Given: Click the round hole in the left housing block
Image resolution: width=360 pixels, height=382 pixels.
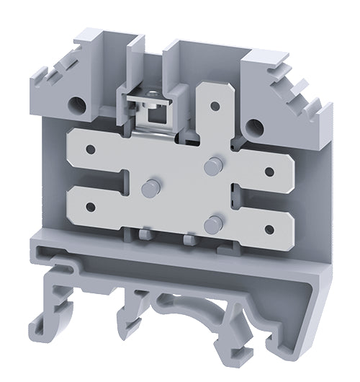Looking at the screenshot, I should coord(74,107).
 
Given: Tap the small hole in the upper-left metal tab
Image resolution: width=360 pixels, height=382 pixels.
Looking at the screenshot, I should coord(91,149).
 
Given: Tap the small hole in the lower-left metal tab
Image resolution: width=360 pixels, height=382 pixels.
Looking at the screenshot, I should coord(91,208).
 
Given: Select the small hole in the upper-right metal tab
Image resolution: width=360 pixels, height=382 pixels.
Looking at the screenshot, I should coord(268,172).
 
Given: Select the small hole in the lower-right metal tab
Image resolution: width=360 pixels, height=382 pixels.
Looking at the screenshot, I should coord(268,229).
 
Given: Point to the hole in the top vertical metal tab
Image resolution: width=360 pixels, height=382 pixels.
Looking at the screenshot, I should coord(213,105).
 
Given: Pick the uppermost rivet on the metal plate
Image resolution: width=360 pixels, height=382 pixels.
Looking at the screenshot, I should coord(211,166).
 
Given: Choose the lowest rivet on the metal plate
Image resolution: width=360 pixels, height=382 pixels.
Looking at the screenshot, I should coord(211,225).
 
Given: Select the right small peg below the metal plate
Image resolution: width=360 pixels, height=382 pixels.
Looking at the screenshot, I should coord(189,239).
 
